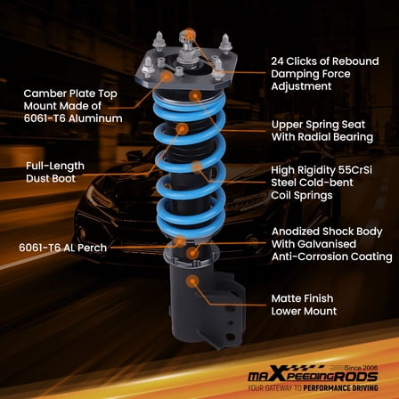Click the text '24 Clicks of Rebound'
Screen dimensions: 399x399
(324, 61)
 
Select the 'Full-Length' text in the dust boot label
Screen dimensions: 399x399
(55, 166)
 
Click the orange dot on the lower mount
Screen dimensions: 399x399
(191, 281)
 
